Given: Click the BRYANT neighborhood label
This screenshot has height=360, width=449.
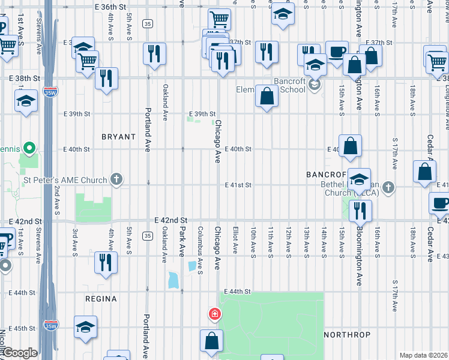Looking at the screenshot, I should [x=118, y=137].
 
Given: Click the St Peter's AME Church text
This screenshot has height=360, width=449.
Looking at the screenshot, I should [x=65, y=179].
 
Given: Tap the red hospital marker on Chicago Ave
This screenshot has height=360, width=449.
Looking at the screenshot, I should [x=214, y=314].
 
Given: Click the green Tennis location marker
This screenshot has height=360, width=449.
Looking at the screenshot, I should [x=28, y=148].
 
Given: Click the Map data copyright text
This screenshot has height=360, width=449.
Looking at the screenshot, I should [x=423, y=355].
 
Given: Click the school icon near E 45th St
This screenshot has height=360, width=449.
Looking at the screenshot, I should [x=85, y=327].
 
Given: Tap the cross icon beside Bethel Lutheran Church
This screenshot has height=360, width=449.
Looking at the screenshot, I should [x=388, y=187].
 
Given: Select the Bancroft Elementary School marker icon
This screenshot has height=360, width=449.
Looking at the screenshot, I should [x=313, y=85].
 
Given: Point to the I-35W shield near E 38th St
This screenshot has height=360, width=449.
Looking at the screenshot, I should [x=50, y=93].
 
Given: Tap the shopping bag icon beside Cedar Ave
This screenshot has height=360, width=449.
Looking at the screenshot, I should [x=424, y=171].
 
